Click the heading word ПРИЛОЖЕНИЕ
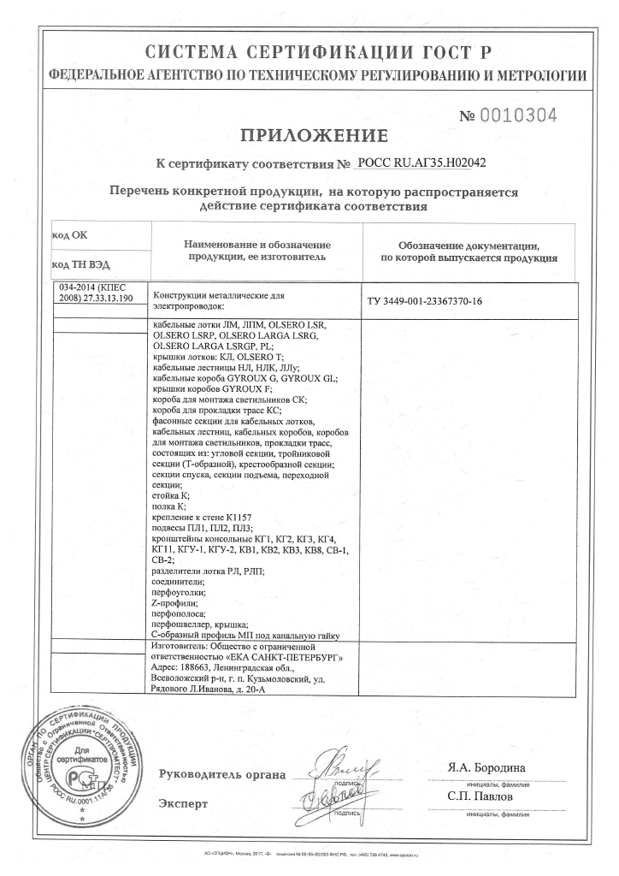click(x=314, y=135)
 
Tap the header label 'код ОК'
click(x=70, y=234)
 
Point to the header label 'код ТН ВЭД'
click(x=81, y=264)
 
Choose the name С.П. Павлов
click(x=480, y=796)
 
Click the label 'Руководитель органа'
click(x=221, y=775)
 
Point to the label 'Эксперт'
click(x=183, y=803)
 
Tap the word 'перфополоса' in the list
click(x=178, y=614)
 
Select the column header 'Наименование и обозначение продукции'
click(x=255, y=250)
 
